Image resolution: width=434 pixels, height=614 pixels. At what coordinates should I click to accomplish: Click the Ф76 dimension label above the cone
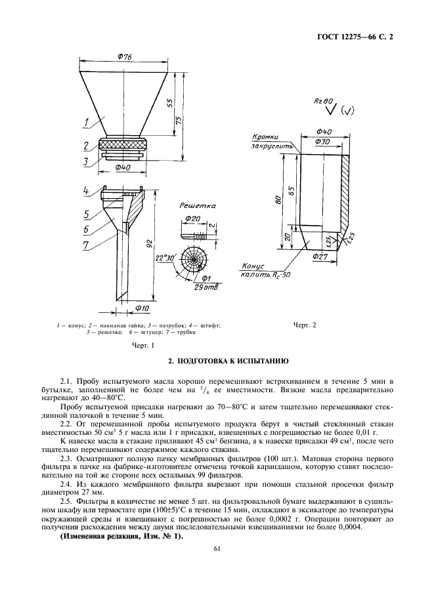[x=124, y=57]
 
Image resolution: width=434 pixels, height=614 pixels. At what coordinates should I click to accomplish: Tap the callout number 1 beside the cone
[x=85, y=123]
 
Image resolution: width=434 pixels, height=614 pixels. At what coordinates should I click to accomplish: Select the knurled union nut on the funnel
[x=123, y=144]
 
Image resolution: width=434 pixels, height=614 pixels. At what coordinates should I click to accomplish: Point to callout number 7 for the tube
[x=85, y=245]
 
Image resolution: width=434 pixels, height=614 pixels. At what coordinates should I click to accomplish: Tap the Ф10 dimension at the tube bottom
[x=142, y=308]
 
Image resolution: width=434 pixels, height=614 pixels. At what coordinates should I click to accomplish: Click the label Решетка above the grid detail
[x=198, y=205]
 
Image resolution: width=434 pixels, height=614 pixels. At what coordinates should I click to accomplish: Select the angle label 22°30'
[x=166, y=258]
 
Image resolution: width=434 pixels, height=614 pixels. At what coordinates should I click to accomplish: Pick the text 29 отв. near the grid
[x=206, y=288]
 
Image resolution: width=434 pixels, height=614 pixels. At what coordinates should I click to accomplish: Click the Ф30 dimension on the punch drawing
[x=322, y=142]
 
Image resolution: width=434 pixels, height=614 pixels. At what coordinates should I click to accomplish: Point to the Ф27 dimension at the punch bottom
[x=320, y=256]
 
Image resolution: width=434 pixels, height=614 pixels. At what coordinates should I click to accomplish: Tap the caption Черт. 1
[x=142, y=345]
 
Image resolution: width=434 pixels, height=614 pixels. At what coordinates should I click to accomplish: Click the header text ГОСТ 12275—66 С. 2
[x=355, y=37]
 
